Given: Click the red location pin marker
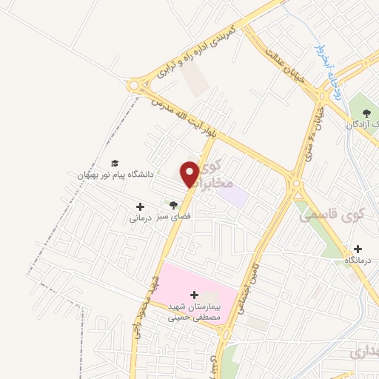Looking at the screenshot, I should (x=190, y=174).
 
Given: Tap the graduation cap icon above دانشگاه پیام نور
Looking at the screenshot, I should (x=114, y=164).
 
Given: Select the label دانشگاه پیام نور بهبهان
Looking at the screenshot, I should (x=110, y=175).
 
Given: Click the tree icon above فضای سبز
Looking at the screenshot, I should (x=174, y=205).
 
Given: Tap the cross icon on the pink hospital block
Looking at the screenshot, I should (x=195, y=295).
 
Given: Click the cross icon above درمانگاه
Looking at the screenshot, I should (x=358, y=249).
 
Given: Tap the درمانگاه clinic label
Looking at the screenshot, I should (x=359, y=261).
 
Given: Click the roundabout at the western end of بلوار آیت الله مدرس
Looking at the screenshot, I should (x=134, y=86).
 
